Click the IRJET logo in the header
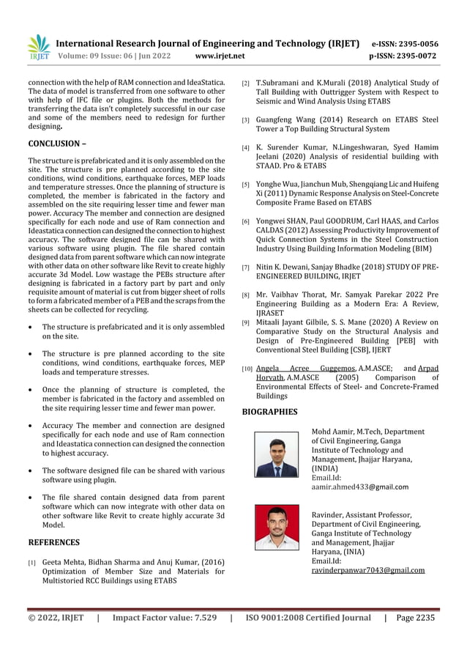(x=37, y=48)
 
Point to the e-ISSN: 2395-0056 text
(x=405, y=43)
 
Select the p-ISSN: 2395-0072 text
(x=403, y=56)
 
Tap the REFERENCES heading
(x=53, y=542)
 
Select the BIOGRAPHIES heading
(x=269, y=412)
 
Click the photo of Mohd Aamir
(x=276, y=454)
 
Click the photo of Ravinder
(x=276, y=528)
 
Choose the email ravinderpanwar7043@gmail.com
(x=367, y=569)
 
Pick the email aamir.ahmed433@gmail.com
(x=359, y=487)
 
